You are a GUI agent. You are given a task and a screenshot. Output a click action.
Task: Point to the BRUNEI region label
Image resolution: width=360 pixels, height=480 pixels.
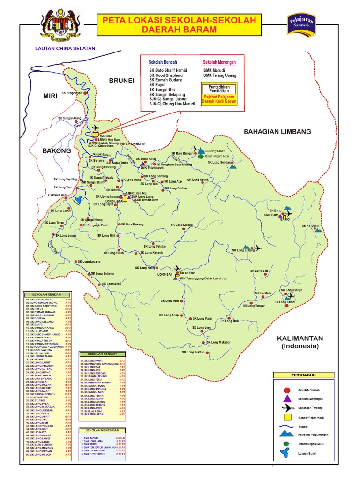point(121,81)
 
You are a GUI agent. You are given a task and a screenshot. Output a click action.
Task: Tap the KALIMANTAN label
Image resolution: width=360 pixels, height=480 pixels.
point(300,338)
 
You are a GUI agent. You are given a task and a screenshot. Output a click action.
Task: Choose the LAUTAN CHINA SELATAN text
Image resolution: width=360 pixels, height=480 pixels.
point(65,48)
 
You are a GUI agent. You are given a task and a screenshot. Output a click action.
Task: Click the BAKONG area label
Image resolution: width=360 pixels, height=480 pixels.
point(56,151)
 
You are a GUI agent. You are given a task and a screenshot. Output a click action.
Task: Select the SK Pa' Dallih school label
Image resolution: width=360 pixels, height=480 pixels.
point(310,225)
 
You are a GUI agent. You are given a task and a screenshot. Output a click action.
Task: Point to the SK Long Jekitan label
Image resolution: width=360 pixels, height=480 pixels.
point(193,352)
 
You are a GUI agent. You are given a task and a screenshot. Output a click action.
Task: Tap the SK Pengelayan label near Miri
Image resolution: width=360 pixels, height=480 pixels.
point(72,93)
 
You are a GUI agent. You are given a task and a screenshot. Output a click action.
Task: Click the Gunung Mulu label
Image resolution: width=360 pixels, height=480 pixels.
point(216,151)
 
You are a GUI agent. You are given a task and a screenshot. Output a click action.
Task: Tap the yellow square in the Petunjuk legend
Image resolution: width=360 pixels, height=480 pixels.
point(287,417)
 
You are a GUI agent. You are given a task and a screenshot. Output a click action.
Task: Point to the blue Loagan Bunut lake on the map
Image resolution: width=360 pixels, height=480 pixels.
point(77,200)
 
